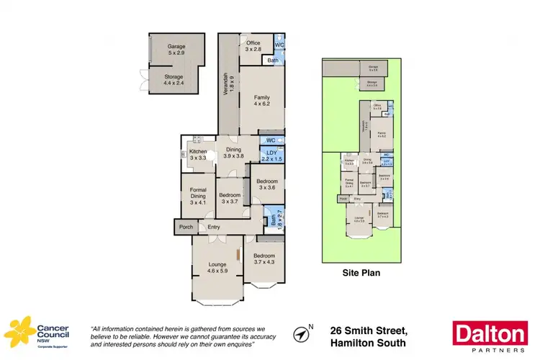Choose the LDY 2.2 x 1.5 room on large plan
coord(271,156)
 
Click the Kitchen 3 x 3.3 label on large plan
coord(198,155)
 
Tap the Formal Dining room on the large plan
coord(198,196)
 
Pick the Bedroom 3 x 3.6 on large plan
coord(266,183)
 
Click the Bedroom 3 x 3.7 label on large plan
coord(229,198)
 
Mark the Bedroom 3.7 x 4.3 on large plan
coord(264,259)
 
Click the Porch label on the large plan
coord(185,228)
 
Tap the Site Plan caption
coord(361,274)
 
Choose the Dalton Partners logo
coord(489,336)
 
